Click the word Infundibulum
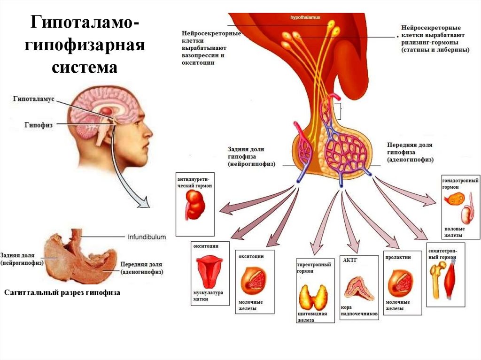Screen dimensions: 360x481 tap(147, 237)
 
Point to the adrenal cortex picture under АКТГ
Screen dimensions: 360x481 tap(359, 289)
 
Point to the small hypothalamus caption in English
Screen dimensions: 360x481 tap(305, 17)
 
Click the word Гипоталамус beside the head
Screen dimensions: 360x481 tap(34, 100)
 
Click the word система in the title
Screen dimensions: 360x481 tap(85, 68)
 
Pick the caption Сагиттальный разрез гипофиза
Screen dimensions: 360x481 tap(62, 292)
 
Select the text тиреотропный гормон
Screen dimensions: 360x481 tap(314, 268)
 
